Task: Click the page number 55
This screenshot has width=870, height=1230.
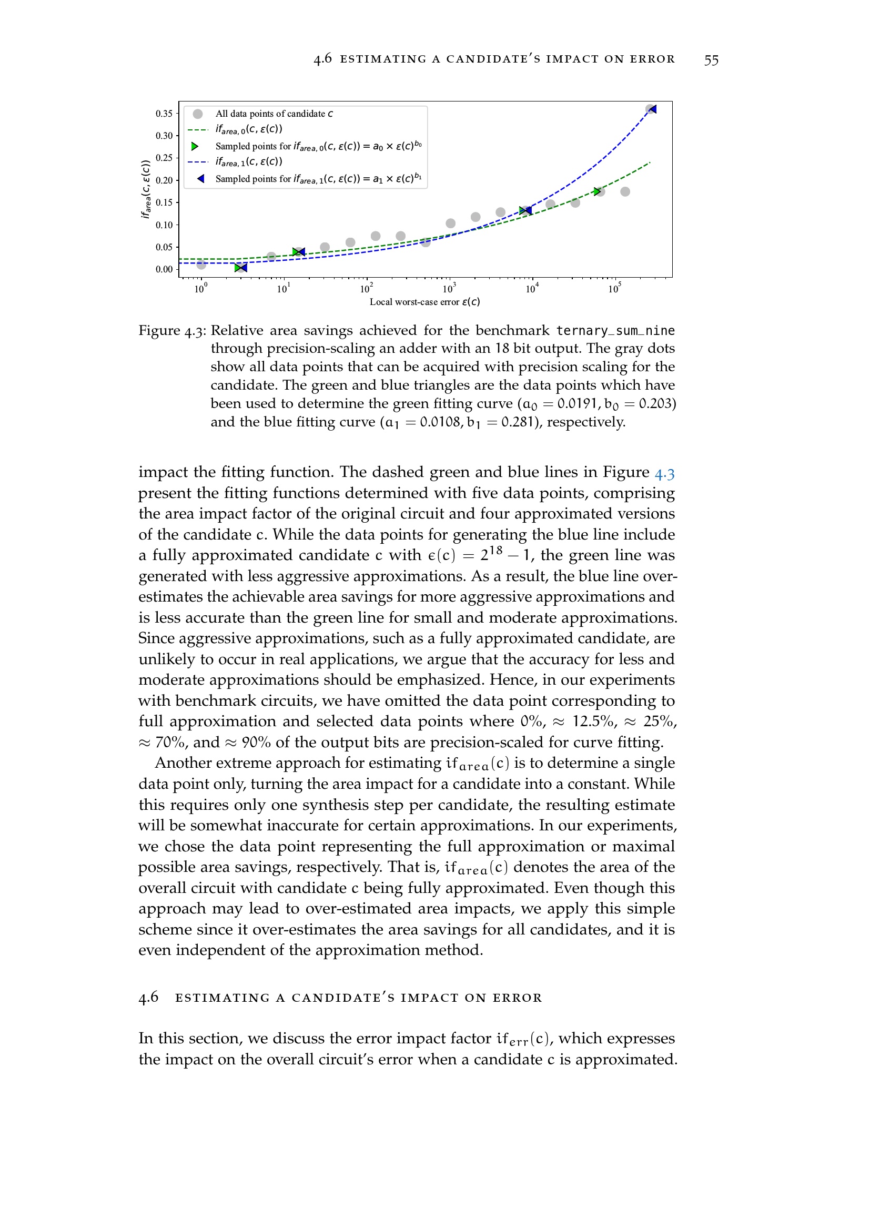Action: coord(711,60)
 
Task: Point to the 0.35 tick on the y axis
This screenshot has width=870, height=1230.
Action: coord(164,114)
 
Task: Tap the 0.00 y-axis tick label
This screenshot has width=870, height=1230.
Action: coord(164,269)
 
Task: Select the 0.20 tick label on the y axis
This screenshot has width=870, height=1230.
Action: coord(164,180)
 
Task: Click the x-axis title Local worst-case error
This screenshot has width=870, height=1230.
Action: coord(424,302)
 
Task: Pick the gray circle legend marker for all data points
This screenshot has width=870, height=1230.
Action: coord(198,114)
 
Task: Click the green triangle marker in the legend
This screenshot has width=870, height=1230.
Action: coord(195,146)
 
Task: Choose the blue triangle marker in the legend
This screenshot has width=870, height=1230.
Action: coord(200,179)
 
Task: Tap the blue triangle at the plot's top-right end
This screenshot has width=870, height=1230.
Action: coord(652,109)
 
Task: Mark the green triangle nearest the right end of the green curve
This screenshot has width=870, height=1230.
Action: coord(598,191)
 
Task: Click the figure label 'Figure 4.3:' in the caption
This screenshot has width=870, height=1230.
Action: coord(172,331)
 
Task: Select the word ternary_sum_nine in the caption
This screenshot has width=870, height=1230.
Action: coord(615,331)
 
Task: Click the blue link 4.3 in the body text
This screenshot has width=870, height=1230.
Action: coord(664,474)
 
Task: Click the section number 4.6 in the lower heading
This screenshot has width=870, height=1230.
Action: coord(148,997)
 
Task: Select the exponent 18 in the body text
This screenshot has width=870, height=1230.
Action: coord(495,551)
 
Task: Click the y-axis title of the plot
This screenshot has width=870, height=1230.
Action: coord(145,189)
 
